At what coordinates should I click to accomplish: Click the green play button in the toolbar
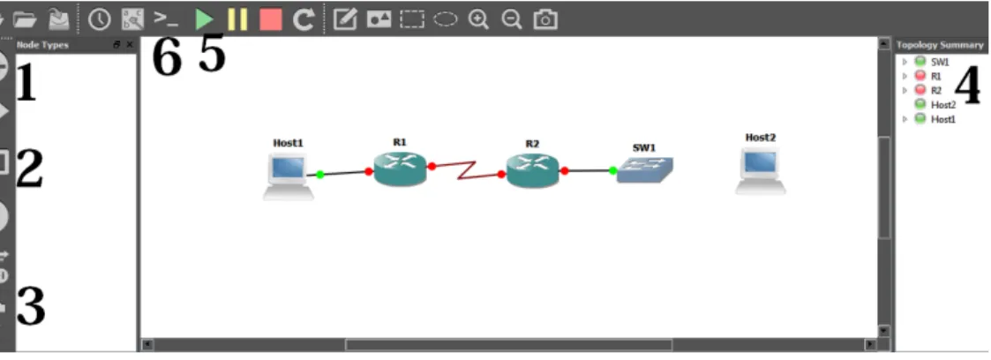(x=204, y=19)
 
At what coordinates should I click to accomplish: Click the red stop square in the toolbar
(x=271, y=19)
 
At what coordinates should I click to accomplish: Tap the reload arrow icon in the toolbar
(x=304, y=19)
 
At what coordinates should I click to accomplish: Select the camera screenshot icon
(x=545, y=19)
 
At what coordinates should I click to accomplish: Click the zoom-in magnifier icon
(x=478, y=19)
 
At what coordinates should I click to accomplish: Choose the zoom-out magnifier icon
(x=511, y=19)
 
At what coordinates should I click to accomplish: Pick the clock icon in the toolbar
(x=99, y=19)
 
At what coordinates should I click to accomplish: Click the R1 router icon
(x=400, y=169)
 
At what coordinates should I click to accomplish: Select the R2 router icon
(x=533, y=170)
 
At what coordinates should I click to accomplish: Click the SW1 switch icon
(x=645, y=170)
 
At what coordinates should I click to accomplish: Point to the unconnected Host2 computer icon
(x=761, y=170)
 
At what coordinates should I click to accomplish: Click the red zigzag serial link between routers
(x=467, y=170)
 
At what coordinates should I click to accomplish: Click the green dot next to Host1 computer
(x=319, y=175)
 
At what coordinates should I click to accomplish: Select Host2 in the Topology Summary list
(x=943, y=104)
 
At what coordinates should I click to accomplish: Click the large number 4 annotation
(x=967, y=86)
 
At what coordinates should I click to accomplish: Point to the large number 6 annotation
(x=167, y=59)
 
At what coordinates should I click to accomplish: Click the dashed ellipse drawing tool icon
(x=446, y=19)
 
